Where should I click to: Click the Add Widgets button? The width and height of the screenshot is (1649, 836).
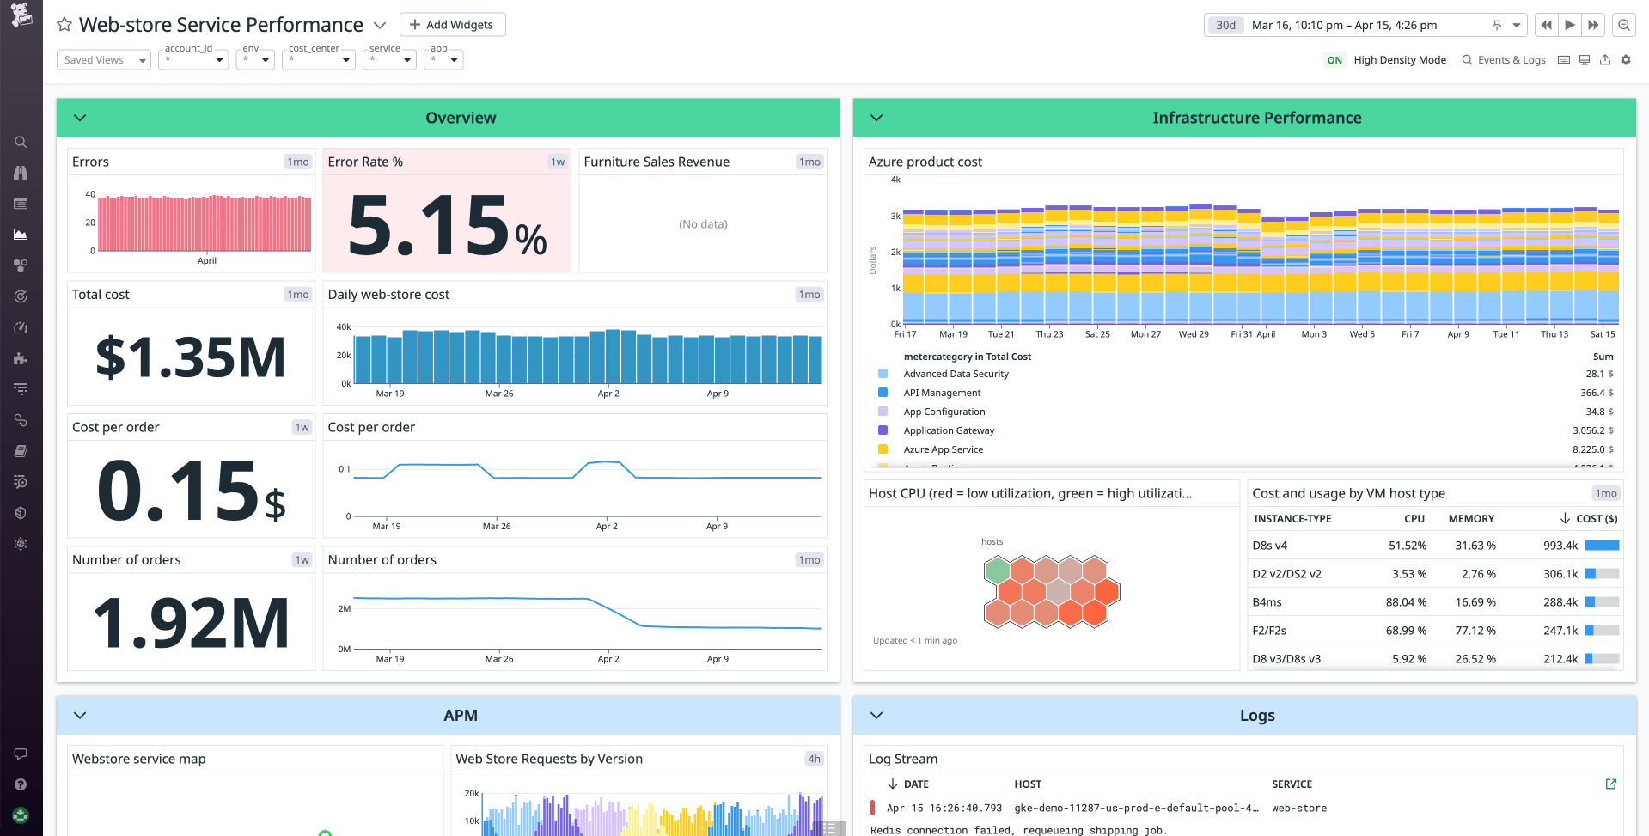click(452, 25)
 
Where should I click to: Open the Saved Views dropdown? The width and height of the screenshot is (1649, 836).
click(103, 60)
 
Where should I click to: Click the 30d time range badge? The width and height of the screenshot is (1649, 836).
click(1225, 25)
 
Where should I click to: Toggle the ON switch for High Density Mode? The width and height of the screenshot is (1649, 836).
click(1334, 60)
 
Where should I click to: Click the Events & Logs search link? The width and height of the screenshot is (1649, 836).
click(1504, 60)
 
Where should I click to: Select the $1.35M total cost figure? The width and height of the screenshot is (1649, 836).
click(191, 357)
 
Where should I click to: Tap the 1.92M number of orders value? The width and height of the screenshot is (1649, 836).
click(191, 624)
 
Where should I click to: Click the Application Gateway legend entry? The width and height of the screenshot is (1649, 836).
click(949, 430)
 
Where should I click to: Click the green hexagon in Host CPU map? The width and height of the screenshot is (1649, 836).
click(997, 569)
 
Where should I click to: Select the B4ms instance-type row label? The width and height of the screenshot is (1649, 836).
click(1267, 602)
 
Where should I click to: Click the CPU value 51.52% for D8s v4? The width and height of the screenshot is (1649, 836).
click(1407, 546)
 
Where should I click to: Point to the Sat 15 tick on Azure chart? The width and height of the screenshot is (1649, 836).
click(1602, 334)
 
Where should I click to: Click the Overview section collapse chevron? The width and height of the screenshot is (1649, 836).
click(80, 118)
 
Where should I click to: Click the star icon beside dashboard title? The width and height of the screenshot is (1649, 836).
click(64, 25)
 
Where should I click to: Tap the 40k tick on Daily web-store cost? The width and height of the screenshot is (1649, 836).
click(344, 327)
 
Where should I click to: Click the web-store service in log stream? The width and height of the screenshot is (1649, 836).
click(1298, 809)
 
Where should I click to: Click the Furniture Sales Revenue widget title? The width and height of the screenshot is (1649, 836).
click(657, 162)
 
